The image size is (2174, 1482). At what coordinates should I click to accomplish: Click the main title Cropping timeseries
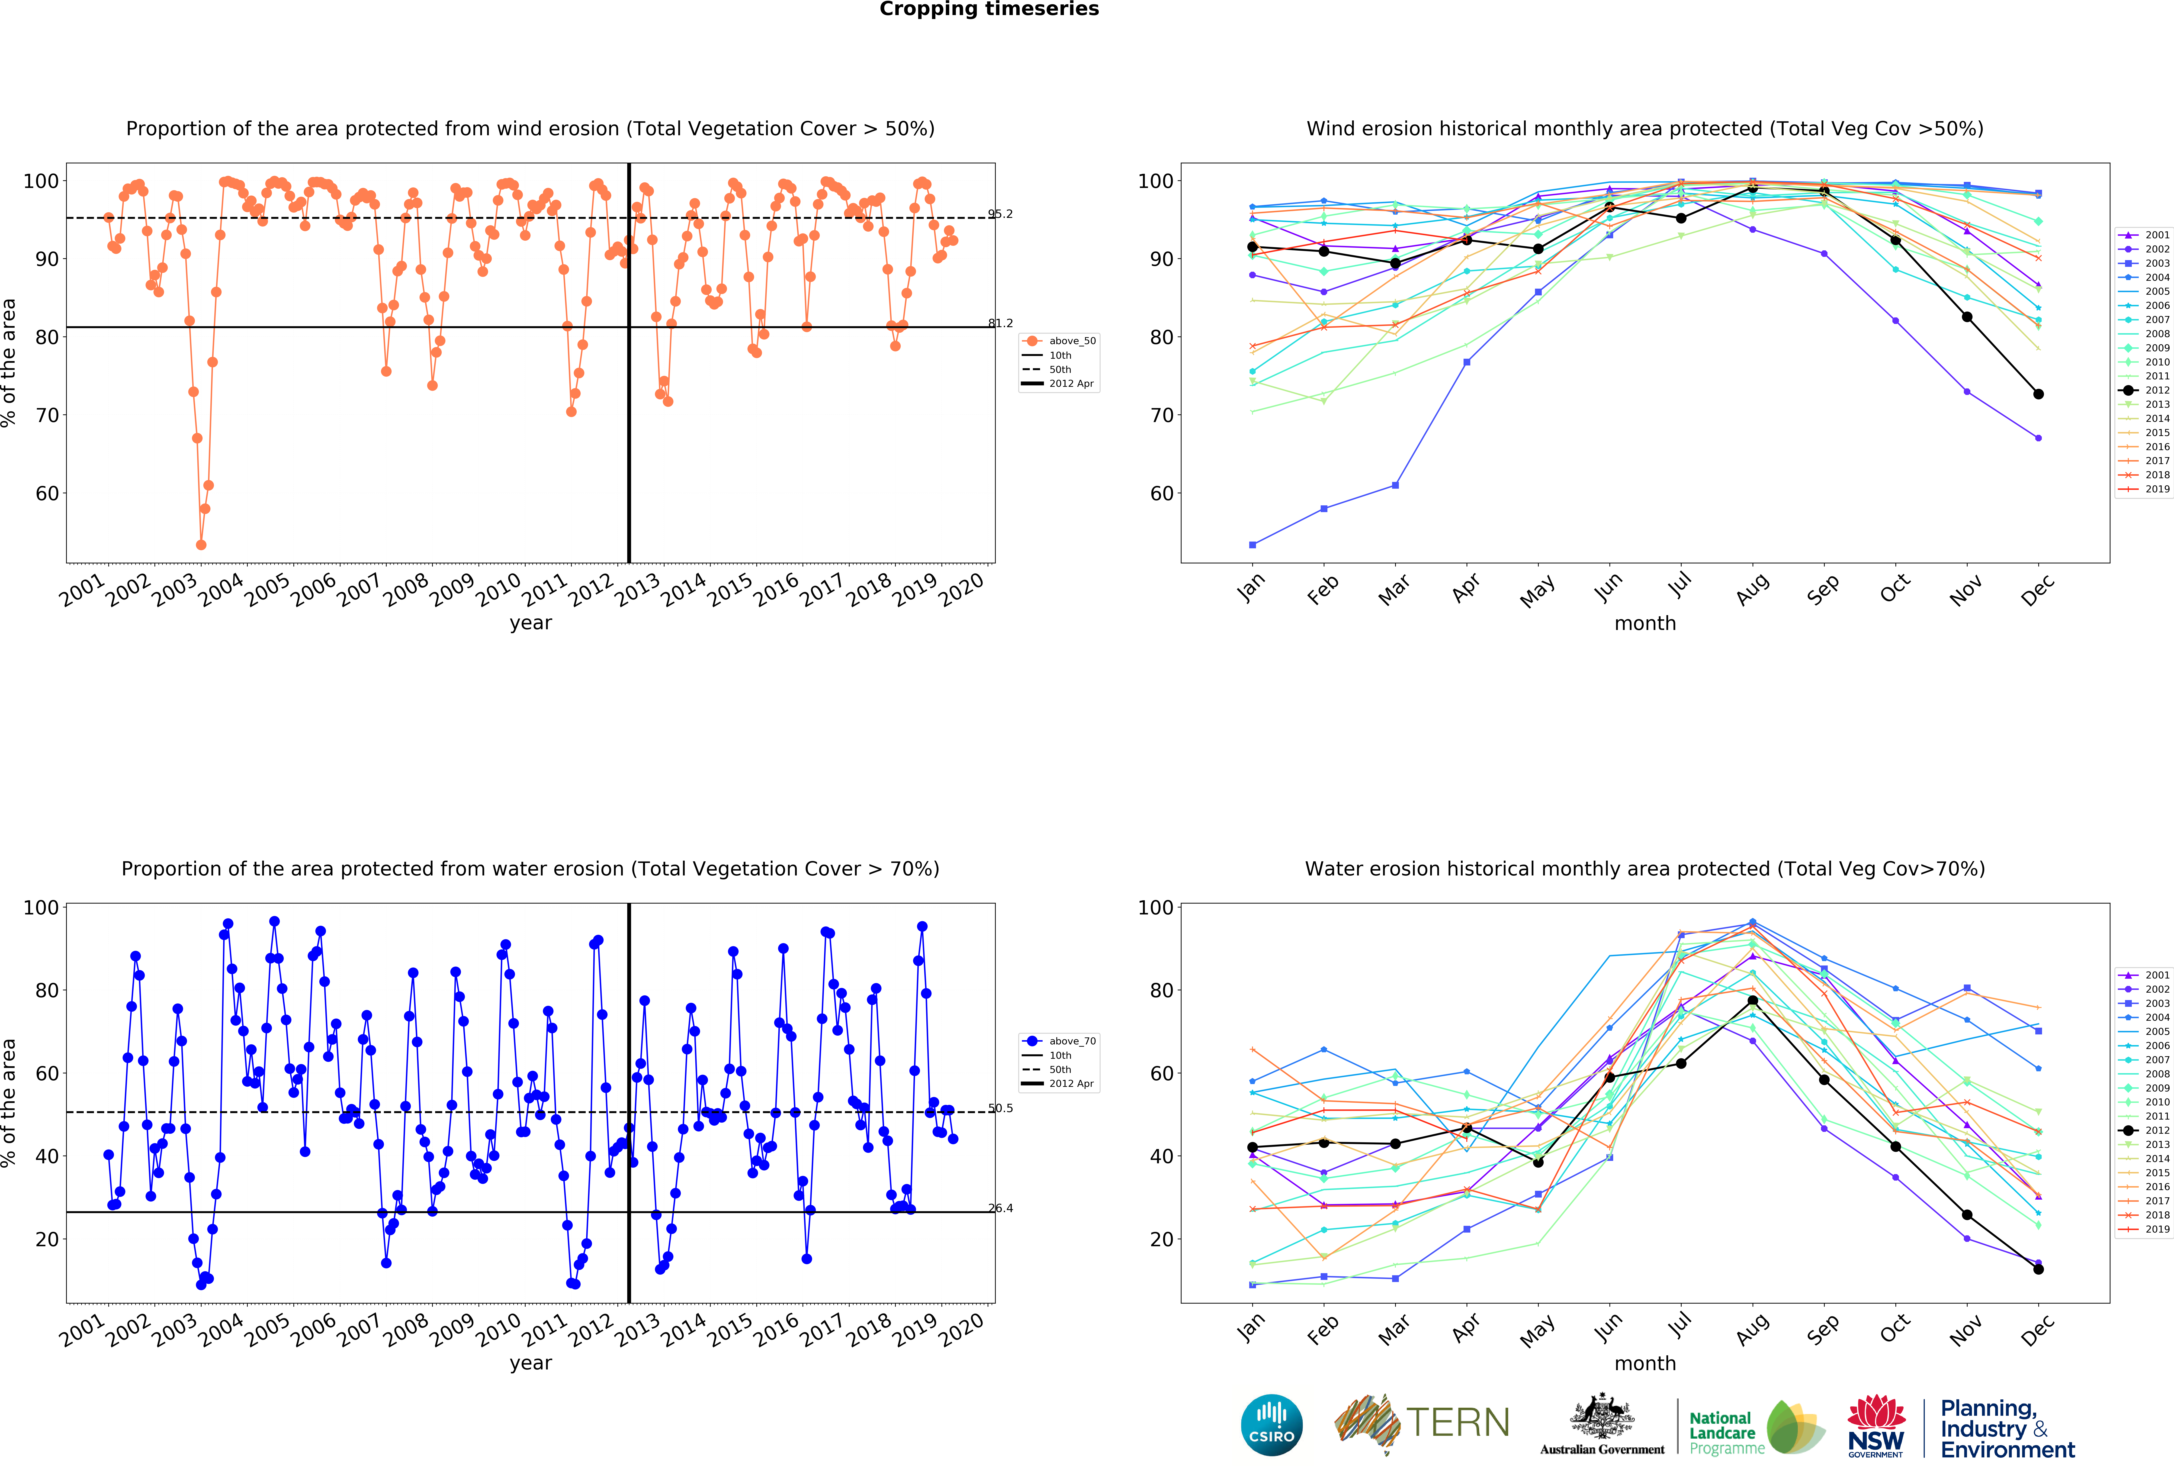[x=989, y=9]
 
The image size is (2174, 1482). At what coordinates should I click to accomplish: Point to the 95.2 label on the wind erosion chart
[x=1000, y=214]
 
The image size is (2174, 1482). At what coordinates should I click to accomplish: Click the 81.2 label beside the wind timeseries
[x=1000, y=324]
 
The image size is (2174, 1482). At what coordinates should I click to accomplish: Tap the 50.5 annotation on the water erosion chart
[x=1000, y=1109]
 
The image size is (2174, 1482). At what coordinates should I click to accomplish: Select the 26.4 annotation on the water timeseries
[x=1000, y=1209]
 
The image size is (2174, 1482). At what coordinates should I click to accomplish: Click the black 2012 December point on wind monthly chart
[x=2038, y=394]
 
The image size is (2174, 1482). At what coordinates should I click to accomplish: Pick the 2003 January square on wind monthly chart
[x=1252, y=545]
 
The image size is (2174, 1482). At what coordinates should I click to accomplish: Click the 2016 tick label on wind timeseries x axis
[x=777, y=589]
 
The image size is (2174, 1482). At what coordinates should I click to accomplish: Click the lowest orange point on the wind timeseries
[x=201, y=545]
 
